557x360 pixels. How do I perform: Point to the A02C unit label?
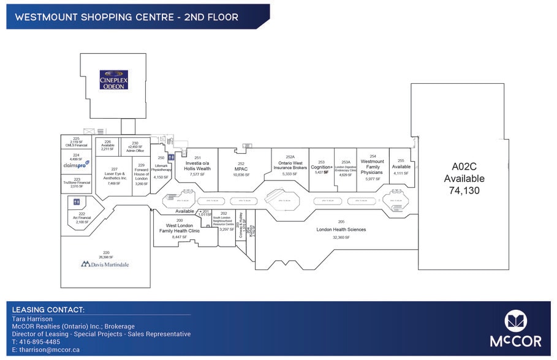(468, 166)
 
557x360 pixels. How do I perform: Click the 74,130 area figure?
(468, 190)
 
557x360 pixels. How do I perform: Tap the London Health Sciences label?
(341, 230)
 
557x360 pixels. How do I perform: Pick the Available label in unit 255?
(401, 167)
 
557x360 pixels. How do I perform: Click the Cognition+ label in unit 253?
(321, 167)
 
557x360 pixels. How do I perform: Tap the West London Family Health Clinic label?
(179, 228)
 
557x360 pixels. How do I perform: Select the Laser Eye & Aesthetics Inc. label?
(114, 176)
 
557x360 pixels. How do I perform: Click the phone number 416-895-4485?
(40, 342)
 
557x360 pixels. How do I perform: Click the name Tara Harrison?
(32, 319)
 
